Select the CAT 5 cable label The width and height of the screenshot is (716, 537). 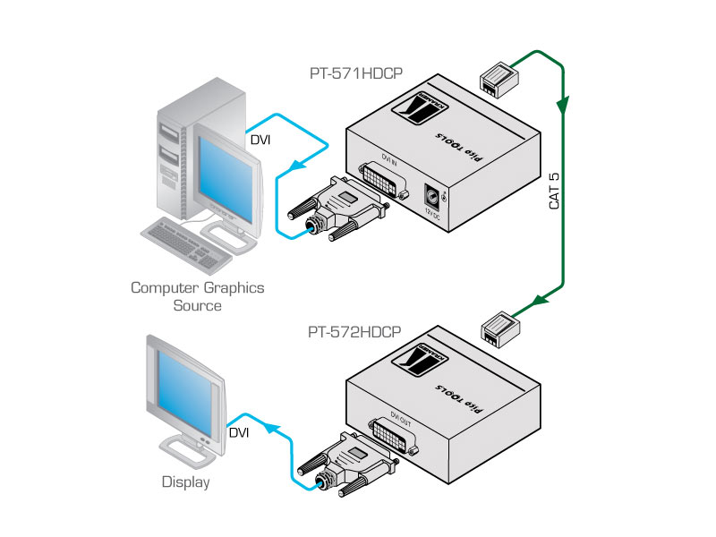[x=554, y=191]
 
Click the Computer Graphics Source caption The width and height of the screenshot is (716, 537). [x=198, y=296]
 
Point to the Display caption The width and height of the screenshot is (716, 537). [x=185, y=482]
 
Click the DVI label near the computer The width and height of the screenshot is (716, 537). [x=260, y=141]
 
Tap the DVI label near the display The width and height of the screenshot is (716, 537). [x=239, y=433]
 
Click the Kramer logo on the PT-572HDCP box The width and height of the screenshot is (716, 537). [x=425, y=367]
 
